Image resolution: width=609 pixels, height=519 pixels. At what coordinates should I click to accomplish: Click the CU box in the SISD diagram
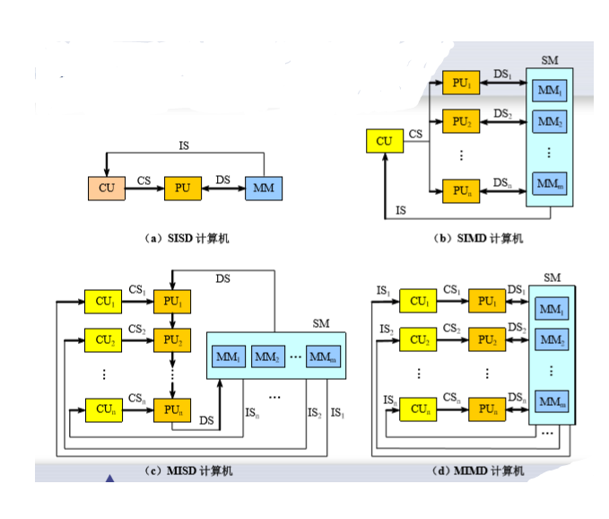[x=107, y=189]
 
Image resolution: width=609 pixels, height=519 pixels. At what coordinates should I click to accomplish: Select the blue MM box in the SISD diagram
[x=263, y=189]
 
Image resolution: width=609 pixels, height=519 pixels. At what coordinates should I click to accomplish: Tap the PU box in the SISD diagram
[x=182, y=189]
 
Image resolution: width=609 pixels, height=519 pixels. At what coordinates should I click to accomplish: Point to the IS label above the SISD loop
[x=184, y=145]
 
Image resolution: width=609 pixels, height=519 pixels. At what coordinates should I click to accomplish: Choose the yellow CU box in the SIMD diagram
[x=384, y=141]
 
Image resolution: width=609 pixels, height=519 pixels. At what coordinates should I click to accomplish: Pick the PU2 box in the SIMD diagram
[x=461, y=120]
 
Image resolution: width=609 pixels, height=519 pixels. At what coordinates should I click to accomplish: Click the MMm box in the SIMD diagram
[x=549, y=184]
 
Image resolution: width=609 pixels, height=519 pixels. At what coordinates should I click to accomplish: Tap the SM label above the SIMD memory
[x=549, y=59]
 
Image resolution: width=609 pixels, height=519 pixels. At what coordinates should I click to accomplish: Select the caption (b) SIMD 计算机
[x=477, y=238]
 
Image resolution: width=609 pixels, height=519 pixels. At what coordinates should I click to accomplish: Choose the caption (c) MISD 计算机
[x=187, y=471]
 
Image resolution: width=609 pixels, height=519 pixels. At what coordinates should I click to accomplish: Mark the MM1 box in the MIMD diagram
[x=552, y=311]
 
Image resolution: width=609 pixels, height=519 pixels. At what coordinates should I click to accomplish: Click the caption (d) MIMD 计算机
[x=477, y=471]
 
